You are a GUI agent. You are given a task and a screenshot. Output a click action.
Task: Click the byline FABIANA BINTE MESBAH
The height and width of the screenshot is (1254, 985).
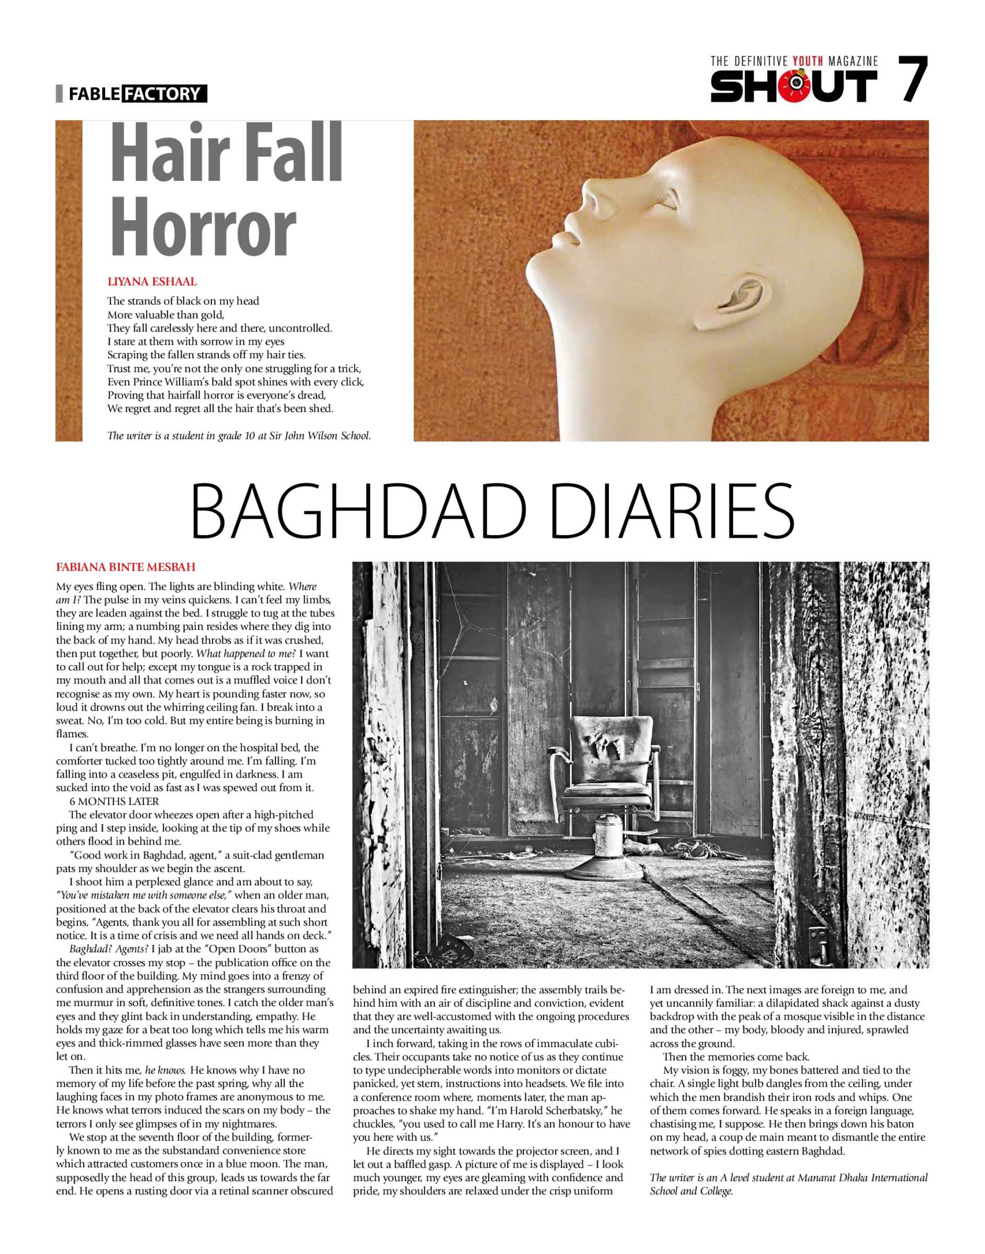(x=126, y=567)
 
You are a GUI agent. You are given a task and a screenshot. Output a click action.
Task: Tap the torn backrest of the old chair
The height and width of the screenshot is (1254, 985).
(x=611, y=747)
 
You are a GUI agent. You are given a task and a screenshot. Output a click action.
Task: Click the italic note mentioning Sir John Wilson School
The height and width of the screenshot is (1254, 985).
(x=239, y=435)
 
